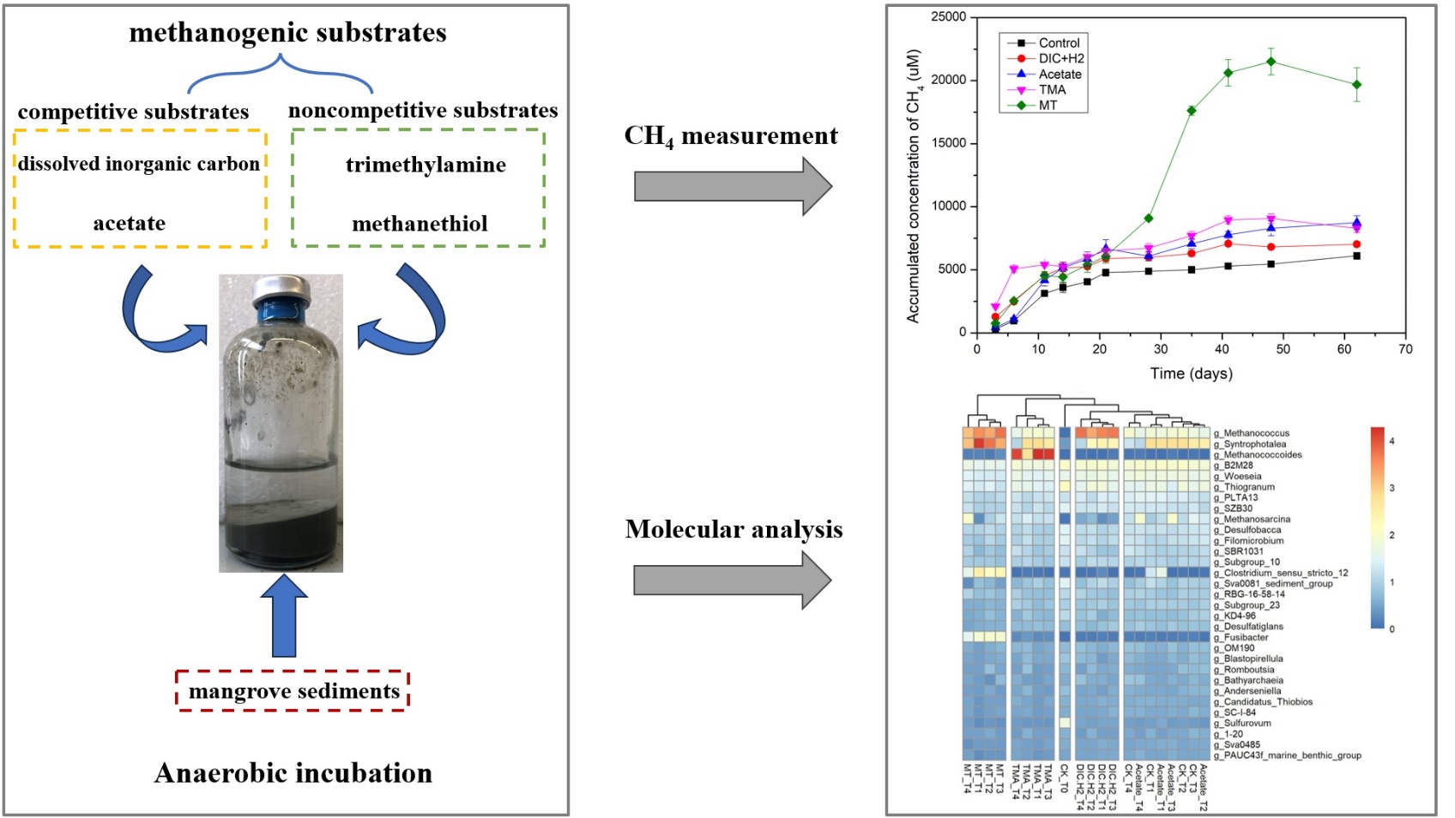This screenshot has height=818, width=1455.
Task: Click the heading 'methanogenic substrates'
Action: (x=287, y=33)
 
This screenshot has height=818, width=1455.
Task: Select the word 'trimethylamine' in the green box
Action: (x=426, y=165)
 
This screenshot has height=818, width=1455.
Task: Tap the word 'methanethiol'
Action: (x=420, y=224)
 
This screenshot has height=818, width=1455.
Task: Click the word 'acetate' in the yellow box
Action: (x=130, y=223)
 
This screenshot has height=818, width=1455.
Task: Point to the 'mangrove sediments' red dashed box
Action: (x=293, y=691)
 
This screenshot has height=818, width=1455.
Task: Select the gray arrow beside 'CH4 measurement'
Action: (x=732, y=186)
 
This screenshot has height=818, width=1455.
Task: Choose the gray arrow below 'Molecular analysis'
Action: (x=732, y=580)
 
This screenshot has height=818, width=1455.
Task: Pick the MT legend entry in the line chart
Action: (x=1047, y=105)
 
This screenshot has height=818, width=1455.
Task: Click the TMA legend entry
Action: (x=1052, y=90)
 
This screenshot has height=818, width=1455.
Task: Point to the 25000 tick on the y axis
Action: (x=948, y=17)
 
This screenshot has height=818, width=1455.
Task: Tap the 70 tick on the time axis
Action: (x=1405, y=349)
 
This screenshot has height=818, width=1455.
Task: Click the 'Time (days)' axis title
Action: (x=1191, y=374)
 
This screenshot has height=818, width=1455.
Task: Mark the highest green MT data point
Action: (x=1271, y=62)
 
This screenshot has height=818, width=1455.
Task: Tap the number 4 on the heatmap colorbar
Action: (x=1392, y=441)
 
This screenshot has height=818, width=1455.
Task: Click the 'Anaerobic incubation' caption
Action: (x=293, y=773)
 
